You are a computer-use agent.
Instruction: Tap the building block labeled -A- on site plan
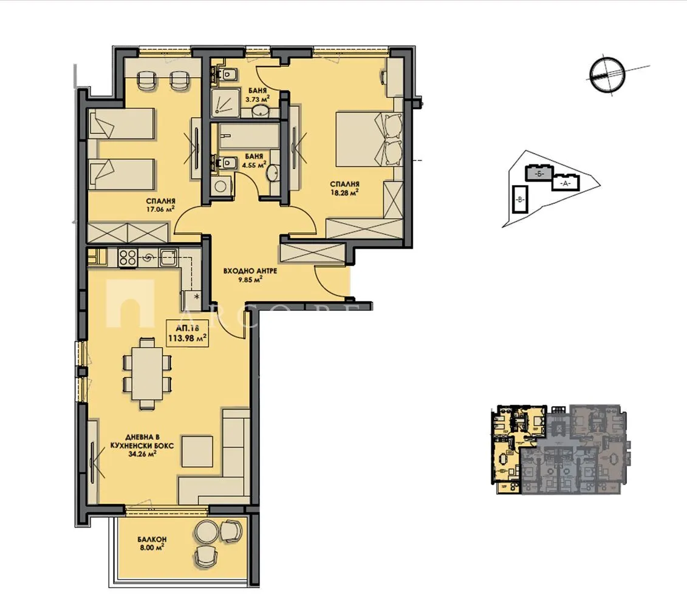pyautogui.click(x=566, y=183)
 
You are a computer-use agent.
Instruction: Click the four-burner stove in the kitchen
pyautogui.click(x=127, y=257)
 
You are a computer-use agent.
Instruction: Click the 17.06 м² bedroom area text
pyautogui.click(x=160, y=208)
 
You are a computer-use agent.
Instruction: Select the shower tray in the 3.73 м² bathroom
pyautogui.click(x=225, y=103)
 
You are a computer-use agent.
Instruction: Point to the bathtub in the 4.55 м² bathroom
pyautogui.click(x=250, y=135)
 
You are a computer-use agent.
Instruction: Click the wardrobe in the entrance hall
pyautogui.click(x=312, y=253)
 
